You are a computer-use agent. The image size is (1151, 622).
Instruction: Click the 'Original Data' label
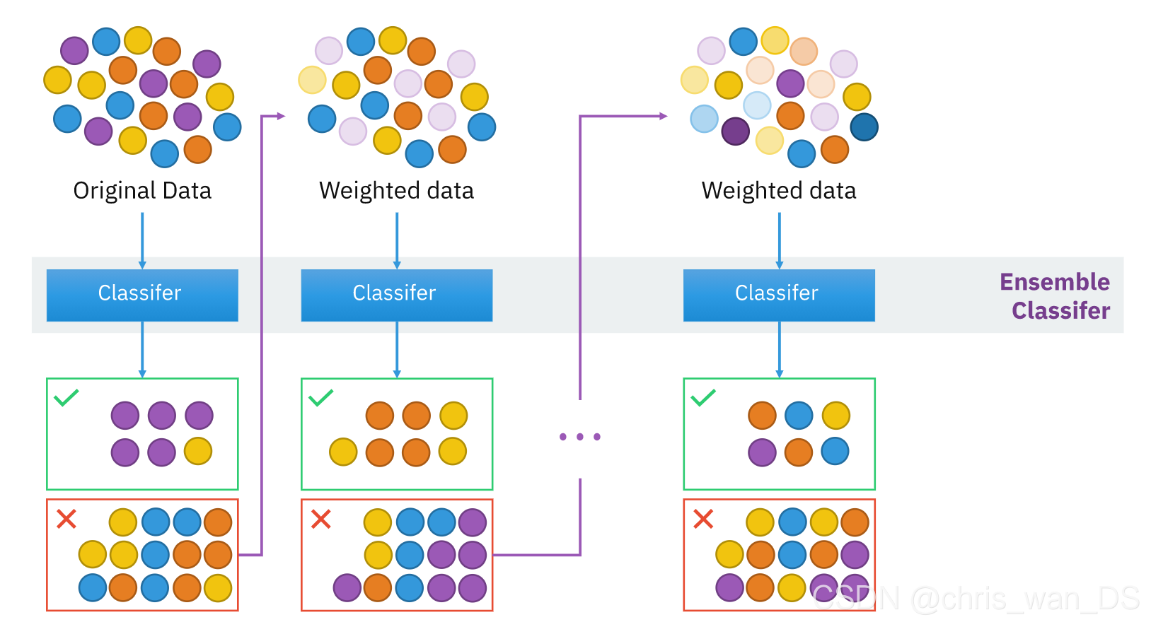click(x=142, y=191)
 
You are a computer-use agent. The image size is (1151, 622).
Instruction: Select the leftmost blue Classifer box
click(x=142, y=295)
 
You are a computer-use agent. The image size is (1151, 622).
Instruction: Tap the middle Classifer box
click(x=396, y=295)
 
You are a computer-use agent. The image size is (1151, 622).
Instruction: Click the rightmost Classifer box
click(x=779, y=295)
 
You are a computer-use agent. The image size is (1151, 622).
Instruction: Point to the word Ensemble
click(x=1054, y=282)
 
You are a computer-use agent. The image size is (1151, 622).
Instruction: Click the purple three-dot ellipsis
click(x=579, y=437)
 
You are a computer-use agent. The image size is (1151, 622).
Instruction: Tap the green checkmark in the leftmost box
click(x=66, y=397)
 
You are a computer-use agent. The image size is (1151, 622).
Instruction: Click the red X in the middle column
click(x=321, y=520)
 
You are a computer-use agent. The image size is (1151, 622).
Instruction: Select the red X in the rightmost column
click(x=703, y=520)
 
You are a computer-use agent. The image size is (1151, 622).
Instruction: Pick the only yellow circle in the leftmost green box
click(x=198, y=451)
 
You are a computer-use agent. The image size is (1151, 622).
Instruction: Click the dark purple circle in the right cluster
click(x=735, y=131)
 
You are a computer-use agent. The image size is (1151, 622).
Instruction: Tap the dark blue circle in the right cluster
click(x=864, y=127)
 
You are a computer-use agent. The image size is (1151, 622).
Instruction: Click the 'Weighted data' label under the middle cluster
click(x=396, y=191)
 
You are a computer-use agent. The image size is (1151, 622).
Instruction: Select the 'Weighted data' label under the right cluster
click(x=779, y=191)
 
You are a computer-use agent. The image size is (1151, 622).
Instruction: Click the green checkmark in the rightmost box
click(x=703, y=397)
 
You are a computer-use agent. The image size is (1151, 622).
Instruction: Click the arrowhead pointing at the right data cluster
click(x=663, y=116)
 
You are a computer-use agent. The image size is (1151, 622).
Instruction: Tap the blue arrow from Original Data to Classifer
click(x=142, y=240)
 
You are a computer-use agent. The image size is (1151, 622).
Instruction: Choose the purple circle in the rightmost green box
click(x=762, y=452)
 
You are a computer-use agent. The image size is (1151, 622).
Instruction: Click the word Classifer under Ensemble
click(x=1060, y=311)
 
